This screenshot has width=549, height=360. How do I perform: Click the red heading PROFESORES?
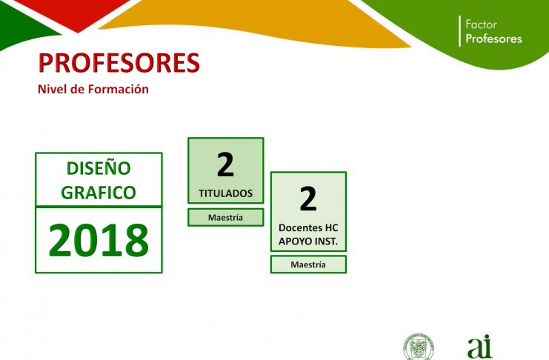(x=119, y=63)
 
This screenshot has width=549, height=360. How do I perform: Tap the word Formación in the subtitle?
(x=119, y=90)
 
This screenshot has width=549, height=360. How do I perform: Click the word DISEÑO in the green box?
(x=99, y=168)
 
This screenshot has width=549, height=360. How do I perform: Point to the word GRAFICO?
(x=99, y=193)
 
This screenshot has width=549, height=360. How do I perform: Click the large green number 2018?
(x=99, y=241)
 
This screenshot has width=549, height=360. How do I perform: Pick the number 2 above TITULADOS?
(x=225, y=165)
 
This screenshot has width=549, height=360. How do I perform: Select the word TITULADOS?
(x=225, y=193)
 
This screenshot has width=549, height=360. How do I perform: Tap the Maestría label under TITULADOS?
(x=225, y=218)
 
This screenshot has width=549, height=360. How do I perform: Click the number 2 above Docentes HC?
(x=308, y=199)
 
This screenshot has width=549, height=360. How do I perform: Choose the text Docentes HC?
(x=308, y=228)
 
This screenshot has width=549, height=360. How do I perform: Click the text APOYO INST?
(x=308, y=241)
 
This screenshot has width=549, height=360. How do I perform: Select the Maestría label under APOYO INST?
(x=308, y=264)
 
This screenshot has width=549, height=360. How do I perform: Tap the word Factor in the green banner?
(x=481, y=24)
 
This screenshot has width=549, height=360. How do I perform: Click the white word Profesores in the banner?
(x=493, y=39)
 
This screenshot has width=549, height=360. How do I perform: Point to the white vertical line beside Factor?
(x=459, y=31)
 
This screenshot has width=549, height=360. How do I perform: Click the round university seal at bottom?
(x=419, y=347)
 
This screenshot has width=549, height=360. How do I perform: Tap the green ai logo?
(x=479, y=347)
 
